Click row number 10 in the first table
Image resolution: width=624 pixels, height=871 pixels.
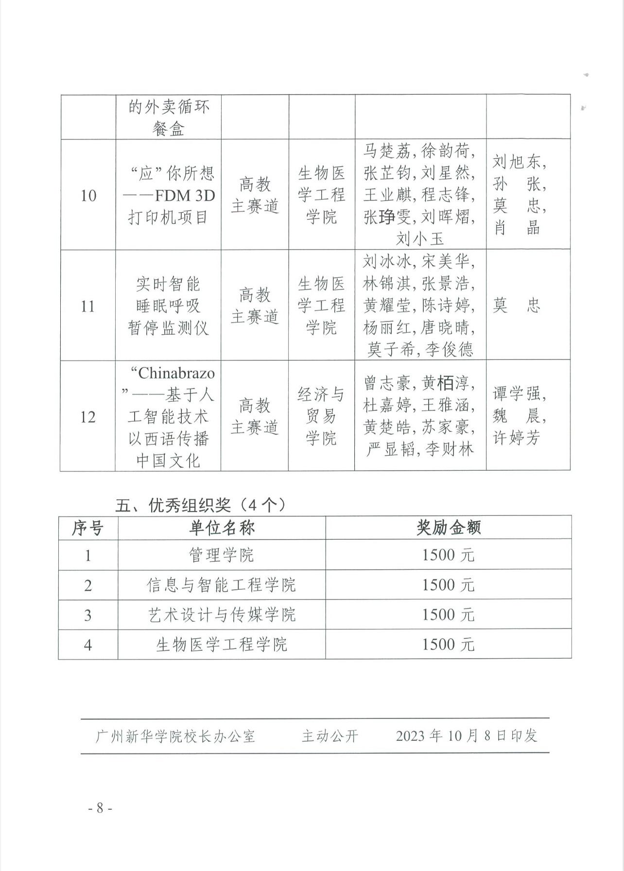[88, 196]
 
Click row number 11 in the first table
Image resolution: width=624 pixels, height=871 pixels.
[87, 306]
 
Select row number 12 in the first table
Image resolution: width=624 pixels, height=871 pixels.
[87, 417]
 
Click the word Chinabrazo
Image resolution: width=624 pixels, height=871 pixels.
[176, 373]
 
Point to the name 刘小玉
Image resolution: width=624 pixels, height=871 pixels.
[420, 239]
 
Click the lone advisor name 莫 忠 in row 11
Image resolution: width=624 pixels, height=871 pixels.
[516, 306]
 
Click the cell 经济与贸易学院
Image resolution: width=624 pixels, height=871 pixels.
[321, 416]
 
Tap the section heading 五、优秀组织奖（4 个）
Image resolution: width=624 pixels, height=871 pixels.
[200, 505]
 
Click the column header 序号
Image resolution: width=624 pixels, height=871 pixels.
[88, 528]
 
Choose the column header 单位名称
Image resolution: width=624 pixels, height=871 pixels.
[222, 528]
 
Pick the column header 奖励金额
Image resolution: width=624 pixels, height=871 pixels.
[448, 528]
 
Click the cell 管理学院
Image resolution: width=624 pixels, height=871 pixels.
[222, 555]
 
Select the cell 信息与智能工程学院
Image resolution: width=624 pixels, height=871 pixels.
[222, 585]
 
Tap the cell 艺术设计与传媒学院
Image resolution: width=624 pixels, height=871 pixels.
[222, 615]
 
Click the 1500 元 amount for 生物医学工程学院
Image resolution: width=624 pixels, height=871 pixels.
[448, 645]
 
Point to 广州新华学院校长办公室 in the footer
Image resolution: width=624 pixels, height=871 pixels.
[175, 736]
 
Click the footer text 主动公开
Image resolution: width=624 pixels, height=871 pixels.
[330, 736]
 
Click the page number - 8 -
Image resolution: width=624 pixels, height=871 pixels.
[100, 808]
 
